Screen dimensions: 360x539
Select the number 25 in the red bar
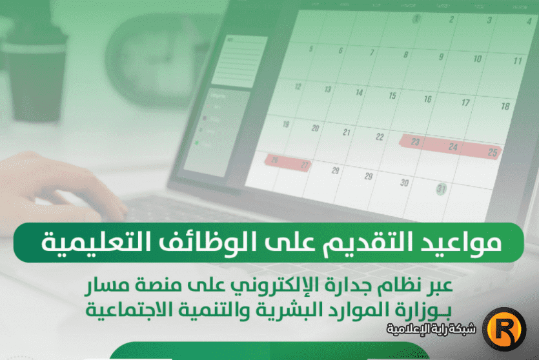pyautogui.click(x=493, y=152)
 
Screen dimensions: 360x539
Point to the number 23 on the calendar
pyautogui.click(x=415, y=142)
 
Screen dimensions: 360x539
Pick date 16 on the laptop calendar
pyautogui.click(x=427, y=99)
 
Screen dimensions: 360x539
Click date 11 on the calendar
pyautogui.click(x=517, y=61)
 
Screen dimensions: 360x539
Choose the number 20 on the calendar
pyautogui.click(x=315, y=128)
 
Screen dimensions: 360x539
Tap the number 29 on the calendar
pyautogui.click(x=368, y=176)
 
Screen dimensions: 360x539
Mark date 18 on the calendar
pyautogui.click(x=505, y=106)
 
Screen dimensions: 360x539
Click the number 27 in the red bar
pyautogui.click(x=305, y=165)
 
